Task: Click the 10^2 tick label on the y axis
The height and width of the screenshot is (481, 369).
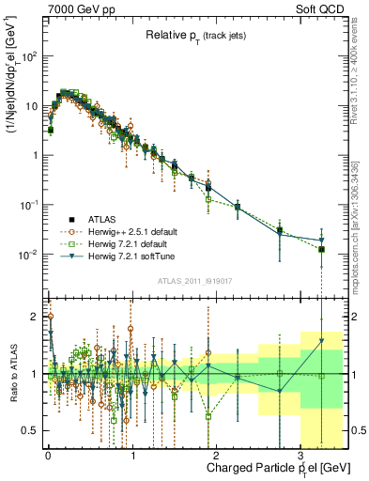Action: tap(27, 57)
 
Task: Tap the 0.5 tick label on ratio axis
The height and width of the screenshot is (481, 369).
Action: tap(30, 430)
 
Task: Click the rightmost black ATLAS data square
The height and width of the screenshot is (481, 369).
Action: tap(321, 250)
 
